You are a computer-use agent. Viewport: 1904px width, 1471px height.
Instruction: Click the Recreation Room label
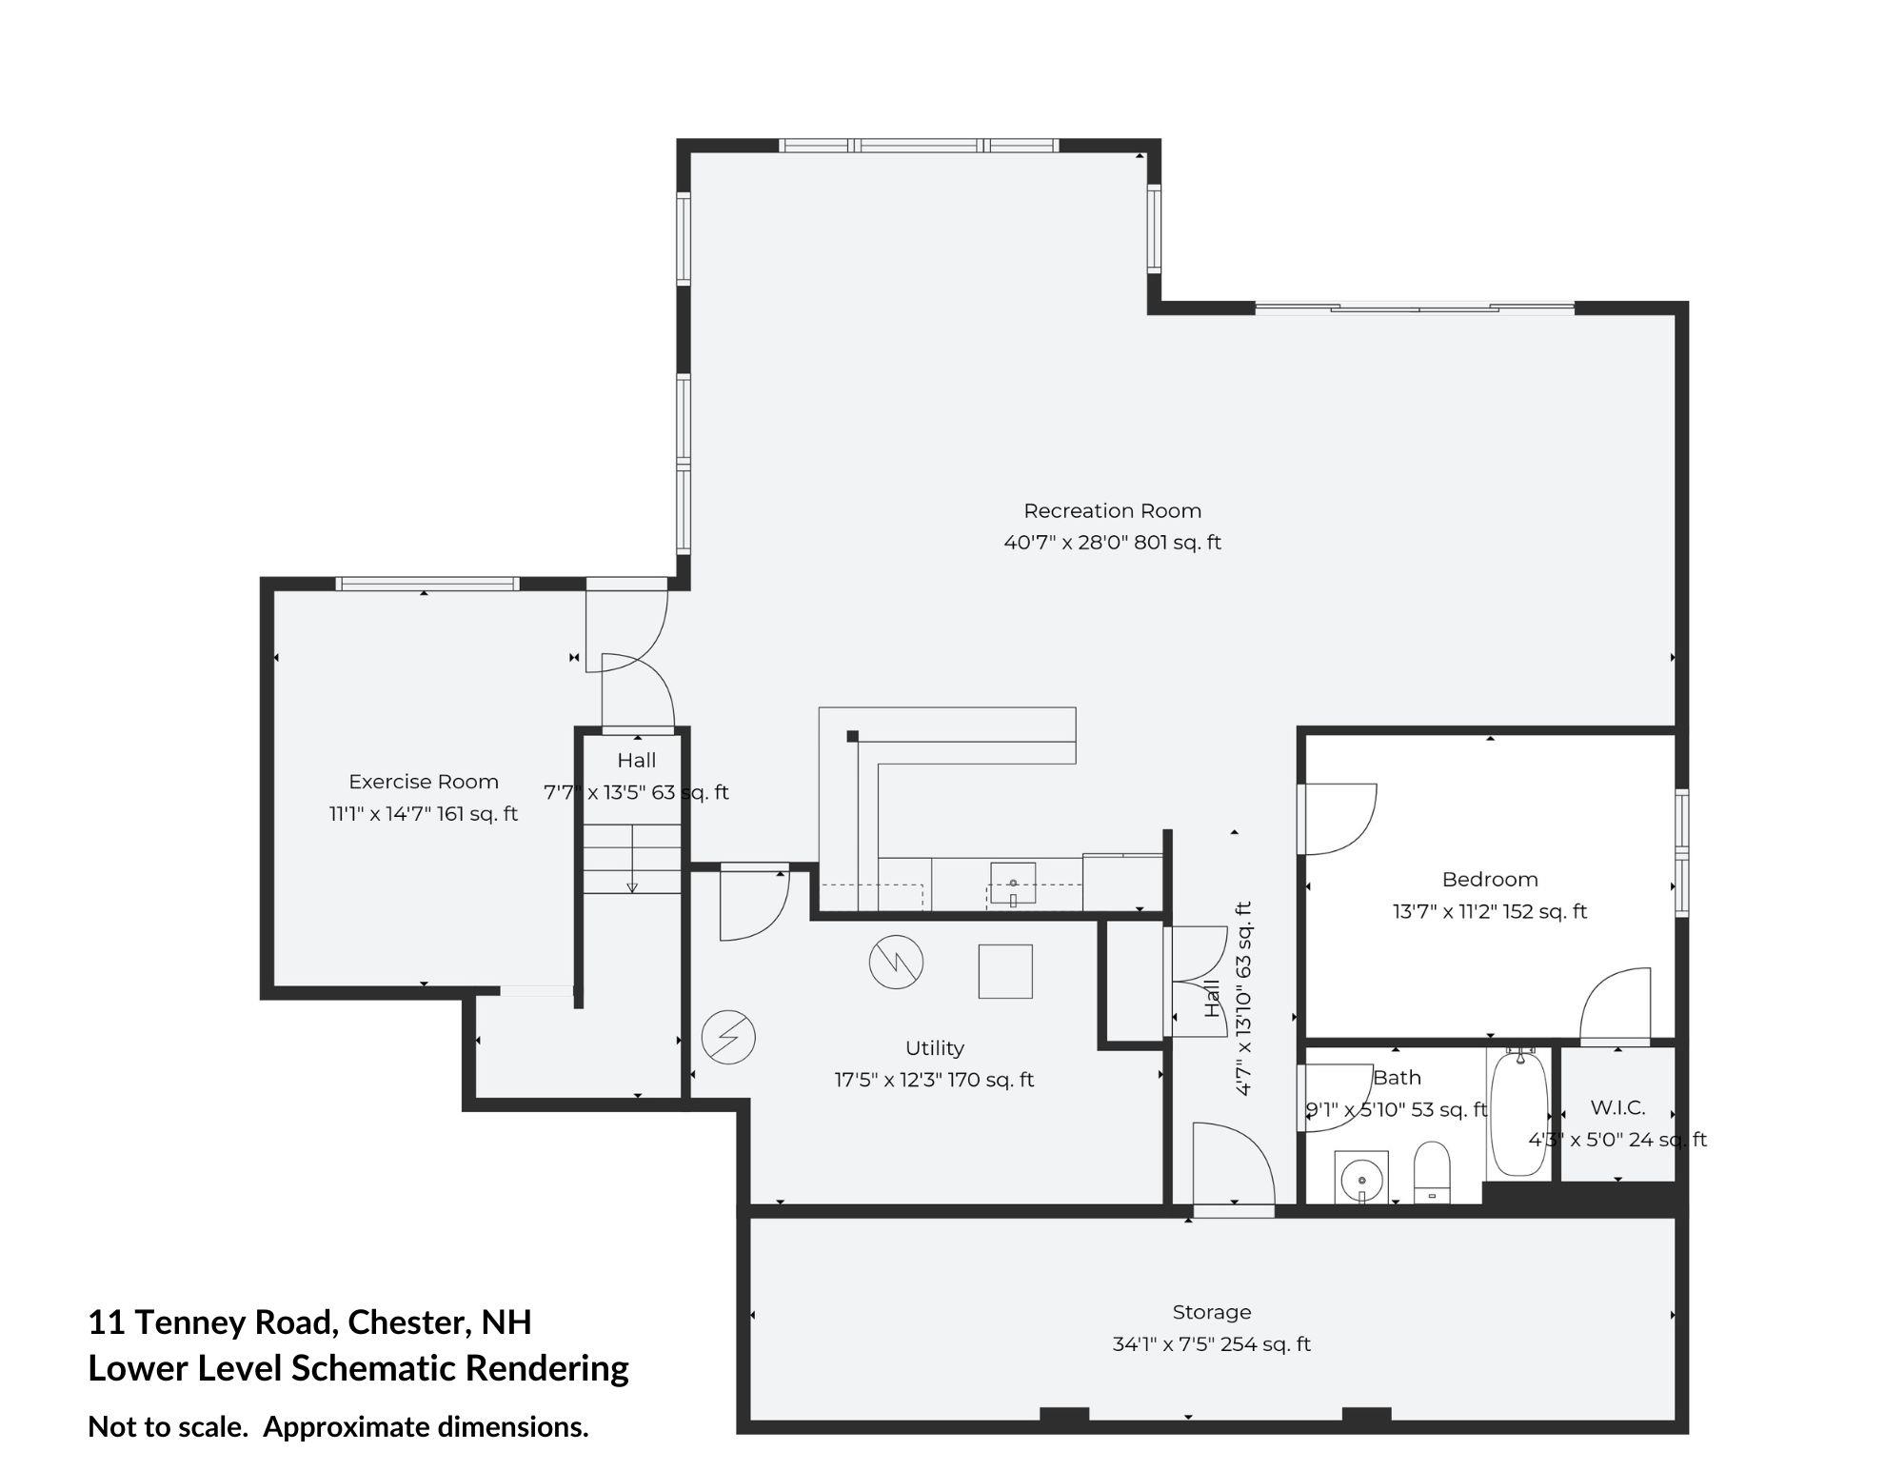(x=1112, y=511)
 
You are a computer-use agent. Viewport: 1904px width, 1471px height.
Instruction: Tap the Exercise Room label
(x=424, y=782)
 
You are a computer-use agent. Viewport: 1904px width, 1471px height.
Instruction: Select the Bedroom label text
(x=1490, y=880)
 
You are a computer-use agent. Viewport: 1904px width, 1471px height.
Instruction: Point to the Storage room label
(x=1212, y=1312)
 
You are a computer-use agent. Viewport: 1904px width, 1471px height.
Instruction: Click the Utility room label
(x=935, y=1048)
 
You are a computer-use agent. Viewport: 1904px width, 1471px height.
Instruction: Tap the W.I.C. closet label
(x=1617, y=1108)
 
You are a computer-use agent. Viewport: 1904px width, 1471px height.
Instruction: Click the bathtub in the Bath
(x=1520, y=1113)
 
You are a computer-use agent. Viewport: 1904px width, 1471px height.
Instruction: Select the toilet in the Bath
(x=1431, y=1172)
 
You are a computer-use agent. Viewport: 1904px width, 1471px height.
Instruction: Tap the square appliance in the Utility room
(x=1005, y=971)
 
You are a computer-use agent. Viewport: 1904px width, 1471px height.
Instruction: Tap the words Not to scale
(x=168, y=1427)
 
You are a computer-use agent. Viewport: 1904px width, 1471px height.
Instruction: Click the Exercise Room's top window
(x=426, y=584)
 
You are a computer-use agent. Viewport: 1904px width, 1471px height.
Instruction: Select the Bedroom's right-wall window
(x=1682, y=852)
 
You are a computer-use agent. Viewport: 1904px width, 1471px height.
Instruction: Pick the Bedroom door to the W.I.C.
(x=1616, y=1007)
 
